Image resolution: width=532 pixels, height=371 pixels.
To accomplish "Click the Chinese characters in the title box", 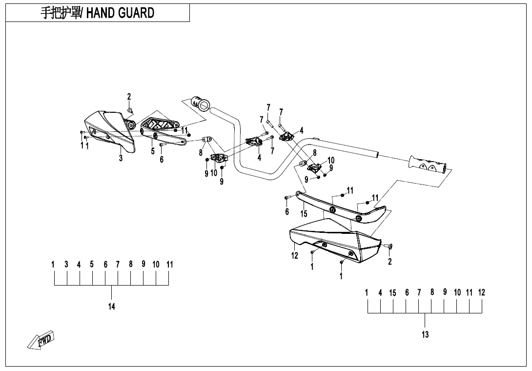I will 58,13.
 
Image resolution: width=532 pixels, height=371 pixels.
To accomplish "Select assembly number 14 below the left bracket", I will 112,307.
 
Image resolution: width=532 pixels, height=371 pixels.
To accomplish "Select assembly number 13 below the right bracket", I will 425,334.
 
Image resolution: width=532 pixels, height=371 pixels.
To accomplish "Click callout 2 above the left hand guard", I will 129,97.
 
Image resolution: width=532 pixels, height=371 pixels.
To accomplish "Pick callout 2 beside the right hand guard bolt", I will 389,262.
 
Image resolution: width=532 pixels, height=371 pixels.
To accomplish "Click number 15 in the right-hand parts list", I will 392,293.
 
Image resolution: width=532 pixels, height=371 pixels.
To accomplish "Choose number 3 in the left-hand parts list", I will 66,265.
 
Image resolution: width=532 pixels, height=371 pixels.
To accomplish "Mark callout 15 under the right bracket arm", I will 304,214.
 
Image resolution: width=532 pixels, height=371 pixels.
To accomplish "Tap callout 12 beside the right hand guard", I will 295,255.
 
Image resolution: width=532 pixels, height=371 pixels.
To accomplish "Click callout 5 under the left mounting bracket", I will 153,151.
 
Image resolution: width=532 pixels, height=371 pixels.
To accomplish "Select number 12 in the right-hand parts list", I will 481,293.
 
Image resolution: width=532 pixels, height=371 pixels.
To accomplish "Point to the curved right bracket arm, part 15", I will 342,207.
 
